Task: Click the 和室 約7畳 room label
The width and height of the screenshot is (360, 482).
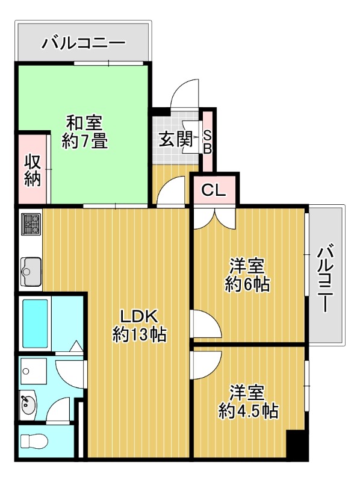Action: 84,131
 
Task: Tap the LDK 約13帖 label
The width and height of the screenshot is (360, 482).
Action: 139,325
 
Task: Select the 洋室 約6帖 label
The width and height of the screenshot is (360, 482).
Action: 247,275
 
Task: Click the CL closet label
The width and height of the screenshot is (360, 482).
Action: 214,190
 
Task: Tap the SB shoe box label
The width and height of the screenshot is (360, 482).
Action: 208,142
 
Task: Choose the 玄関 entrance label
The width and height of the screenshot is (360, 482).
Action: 176,139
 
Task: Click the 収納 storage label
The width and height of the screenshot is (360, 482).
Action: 33,170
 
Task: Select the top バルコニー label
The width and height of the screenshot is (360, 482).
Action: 84,43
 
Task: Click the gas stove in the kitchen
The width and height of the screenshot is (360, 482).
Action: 31,224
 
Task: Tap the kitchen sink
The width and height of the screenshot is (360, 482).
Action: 31,272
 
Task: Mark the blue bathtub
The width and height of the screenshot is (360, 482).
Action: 36,324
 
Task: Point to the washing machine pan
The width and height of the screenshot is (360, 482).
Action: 33,371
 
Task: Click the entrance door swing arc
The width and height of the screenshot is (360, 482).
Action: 186,90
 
